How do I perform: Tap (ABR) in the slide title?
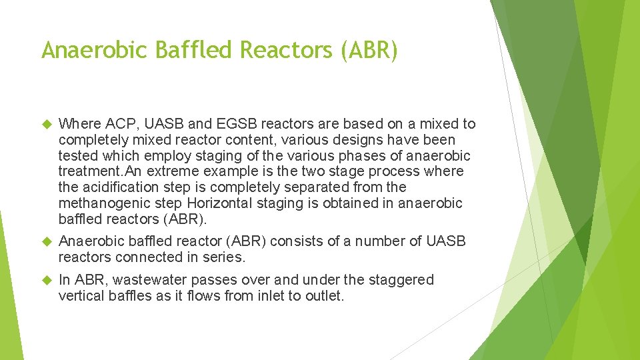click(369, 50)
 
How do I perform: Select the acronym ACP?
click(116, 124)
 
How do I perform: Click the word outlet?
click(322, 296)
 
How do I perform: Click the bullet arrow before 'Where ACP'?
click(47, 125)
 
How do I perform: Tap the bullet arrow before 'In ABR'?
click(47, 281)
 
